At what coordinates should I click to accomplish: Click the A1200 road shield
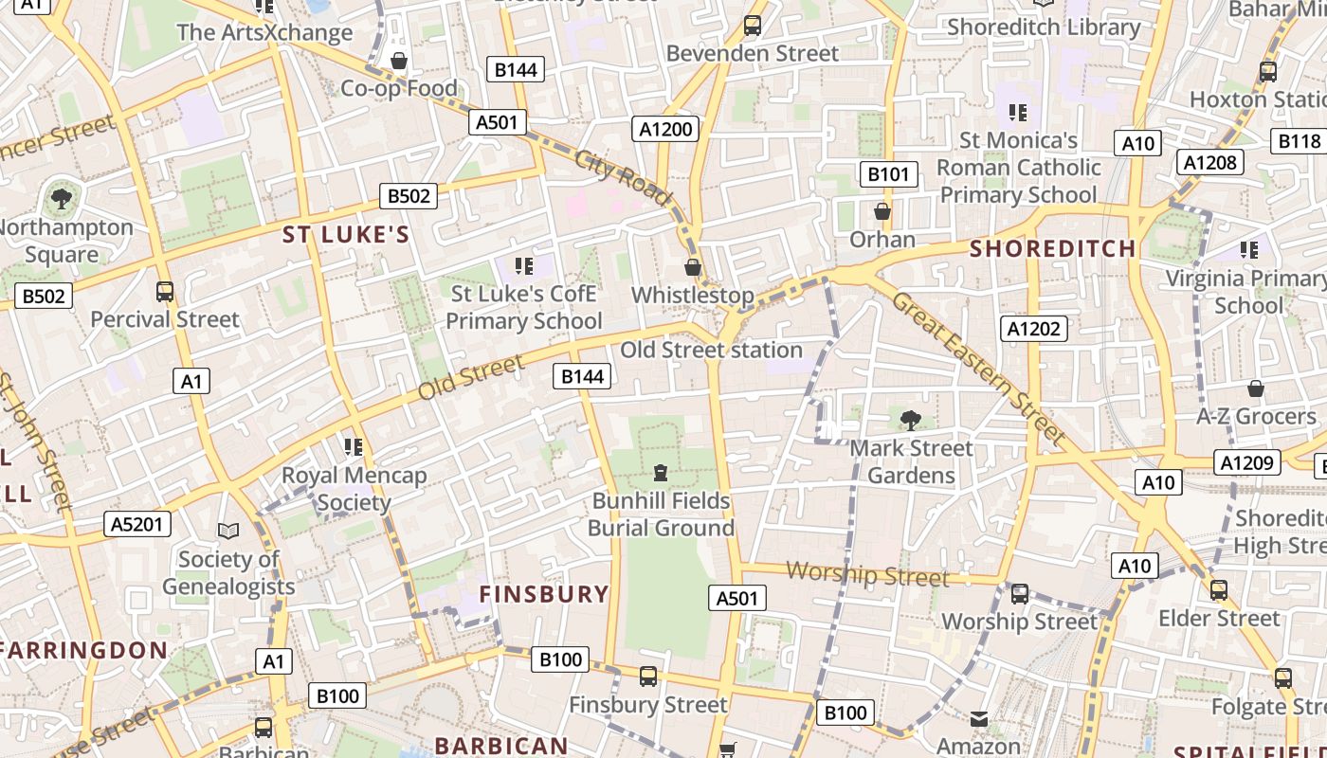pyautogui.click(x=665, y=129)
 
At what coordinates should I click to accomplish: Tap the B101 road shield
pyautogui.click(x=888, y=173)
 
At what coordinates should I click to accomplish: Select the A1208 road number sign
pyautogui.click(x=1210, y=162)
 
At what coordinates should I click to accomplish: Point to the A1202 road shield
pyautogui.click(x=1034, y=329)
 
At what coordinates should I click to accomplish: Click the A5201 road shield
pyautogui.click(x=137, y=524)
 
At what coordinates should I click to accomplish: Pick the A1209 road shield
pyautogui.click(x=1246, y=462)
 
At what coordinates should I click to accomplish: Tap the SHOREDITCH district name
pyautogui.click(x=1053, y=249)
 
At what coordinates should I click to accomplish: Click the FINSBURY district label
pyautogui.click(x=544, y=594)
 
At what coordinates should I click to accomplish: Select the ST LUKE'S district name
pyautogui.click(x=346, y=235)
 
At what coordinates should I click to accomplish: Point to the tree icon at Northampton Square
pyautogui.click(x=62, y=199)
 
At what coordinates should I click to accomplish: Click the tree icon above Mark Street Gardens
pyautogui.click(x=910, y=419)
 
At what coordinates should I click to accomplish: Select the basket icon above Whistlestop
pyautogui.click(x=693, y=267)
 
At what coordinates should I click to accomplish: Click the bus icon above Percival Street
pyautogui.click(x=165, y=292)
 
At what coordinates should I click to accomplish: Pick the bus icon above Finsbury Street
pyautogui.click(x=648, y=677)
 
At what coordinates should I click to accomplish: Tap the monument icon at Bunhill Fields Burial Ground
pyautogui.click(x=661, y=472)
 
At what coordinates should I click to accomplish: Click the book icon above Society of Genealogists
pyautogui.click(x=228, y=531)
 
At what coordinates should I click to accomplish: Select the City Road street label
pyautogui.click(x=623, y=176)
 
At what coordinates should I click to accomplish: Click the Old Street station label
pyautogui.click(x=711, y=350)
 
